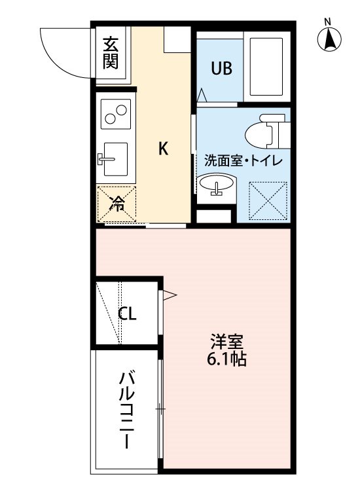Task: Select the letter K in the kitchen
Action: click(x=163, y=149)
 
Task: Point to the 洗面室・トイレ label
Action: click(x=243, y=160)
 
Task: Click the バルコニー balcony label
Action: click(x=127, y=410)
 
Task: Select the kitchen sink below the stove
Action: click(x=114, y=158)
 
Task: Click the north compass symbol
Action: click(x=329, y=41)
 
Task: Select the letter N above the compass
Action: click(x=329, y=21)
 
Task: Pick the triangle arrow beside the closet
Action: click(x=170, y=296)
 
